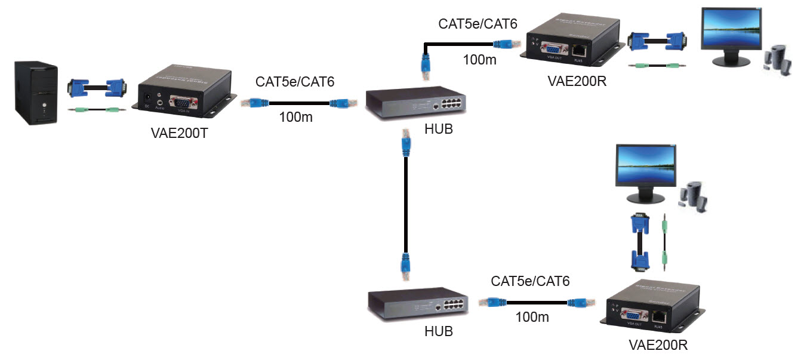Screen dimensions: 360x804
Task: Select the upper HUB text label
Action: [x=439, y=128]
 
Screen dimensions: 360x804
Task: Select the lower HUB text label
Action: [x=438, y=331]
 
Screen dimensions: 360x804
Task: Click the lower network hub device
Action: [x=417, y=304]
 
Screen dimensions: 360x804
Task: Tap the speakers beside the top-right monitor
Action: [x=778, y=58]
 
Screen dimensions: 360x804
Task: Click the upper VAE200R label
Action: [x=577, y=81]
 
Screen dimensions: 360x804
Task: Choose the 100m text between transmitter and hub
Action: [x=295, y=117]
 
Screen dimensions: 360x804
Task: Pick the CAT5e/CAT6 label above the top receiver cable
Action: [x=478, y=24]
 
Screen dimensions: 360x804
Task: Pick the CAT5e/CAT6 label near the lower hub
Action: [x=530, y=281]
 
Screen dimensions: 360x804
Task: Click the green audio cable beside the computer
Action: [x=96, y=110]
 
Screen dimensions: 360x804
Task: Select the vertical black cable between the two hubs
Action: [x=406, y=203]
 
